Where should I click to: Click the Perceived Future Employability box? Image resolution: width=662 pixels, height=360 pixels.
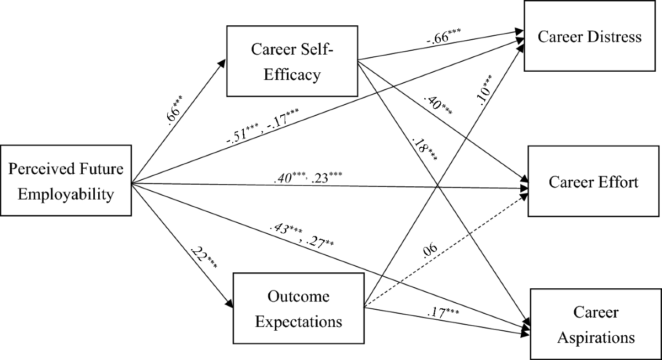(x=66, y=180)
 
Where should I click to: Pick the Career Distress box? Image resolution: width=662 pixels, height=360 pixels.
(x=590, y=37)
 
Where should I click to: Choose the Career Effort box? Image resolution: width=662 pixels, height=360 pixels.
(x=593, y=182)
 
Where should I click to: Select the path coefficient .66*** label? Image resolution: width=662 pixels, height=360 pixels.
(x=175, y=111)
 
